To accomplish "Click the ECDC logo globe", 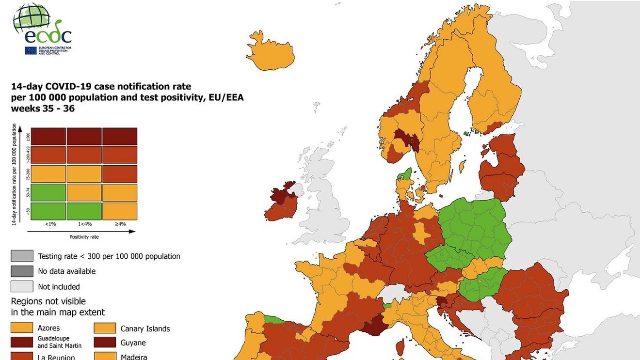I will pyautogui.click(x=31, y=18).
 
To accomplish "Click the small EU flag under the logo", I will pyautogui.click(x=31, y=50).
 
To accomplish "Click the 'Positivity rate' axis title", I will pyautogui.click(x=84, y=237).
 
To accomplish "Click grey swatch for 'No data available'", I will pyautogui.click(x=22, y=271).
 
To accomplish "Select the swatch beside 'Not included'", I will pyautogui.click(x=22, y=286).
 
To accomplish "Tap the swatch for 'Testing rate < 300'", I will pyautogui.click(x=22, y=256).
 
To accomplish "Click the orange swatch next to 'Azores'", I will pyautogui.click(x=22, y=328).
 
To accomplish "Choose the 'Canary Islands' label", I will pyautogui.click(x=145, y=329).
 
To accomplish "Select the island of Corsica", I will pyautogui.click(x=400, y=346).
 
